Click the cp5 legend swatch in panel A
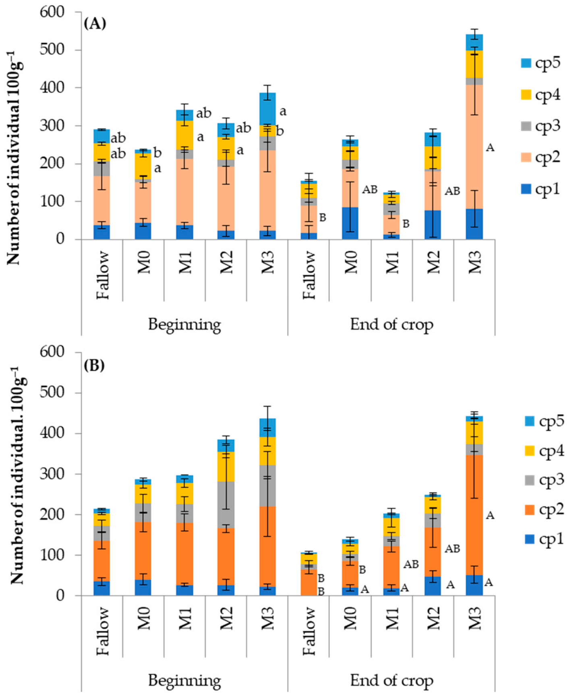526,63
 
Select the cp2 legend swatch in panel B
530,510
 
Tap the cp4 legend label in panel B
552,451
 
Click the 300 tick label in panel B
53,474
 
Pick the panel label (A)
95,24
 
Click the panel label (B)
94,365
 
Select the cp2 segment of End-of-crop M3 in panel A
474,147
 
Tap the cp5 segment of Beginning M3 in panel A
267,109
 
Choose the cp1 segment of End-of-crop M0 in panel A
350,223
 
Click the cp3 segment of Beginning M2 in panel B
226,505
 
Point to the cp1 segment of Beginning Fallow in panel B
102,588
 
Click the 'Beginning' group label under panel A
184,325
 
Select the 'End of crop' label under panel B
391,680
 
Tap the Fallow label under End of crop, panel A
309,275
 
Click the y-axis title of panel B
17,475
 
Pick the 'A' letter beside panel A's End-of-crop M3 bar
490,148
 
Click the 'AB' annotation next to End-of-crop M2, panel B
452,549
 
